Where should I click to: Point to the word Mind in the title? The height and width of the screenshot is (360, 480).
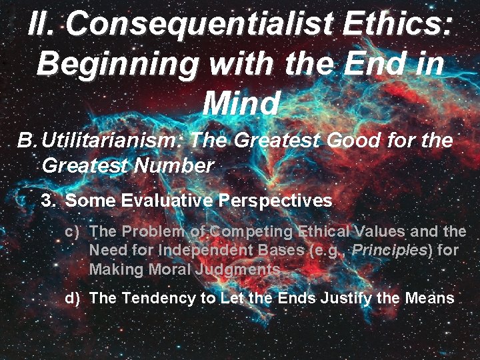240,103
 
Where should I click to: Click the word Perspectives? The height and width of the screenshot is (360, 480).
275,200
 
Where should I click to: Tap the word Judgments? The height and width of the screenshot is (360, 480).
239,269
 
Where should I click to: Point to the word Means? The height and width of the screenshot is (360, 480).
427,298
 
